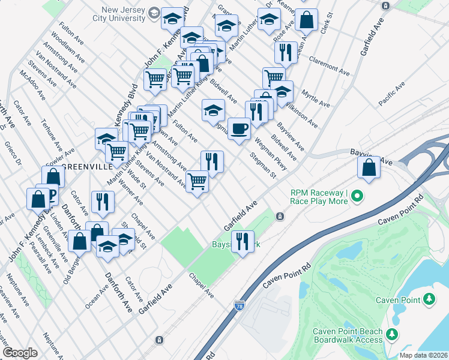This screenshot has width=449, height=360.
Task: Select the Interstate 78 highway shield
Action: [x=240, y=306]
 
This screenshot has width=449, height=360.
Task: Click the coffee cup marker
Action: [x=239, y=128]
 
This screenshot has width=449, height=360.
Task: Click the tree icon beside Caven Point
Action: [x=429, y=299]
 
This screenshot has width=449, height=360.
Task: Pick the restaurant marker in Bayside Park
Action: [x=243, y=241]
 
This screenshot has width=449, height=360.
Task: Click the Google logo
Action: [x=20, y=353]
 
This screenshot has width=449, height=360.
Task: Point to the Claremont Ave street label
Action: [x=329, y=66]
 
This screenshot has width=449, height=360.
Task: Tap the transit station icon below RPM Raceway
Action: [x=279, y=216]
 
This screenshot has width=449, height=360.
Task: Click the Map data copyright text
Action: [x=423, y=355]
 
